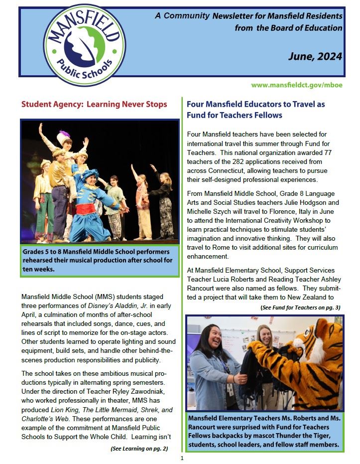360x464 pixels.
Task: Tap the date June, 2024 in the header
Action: [315, 56]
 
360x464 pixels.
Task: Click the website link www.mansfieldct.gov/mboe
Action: [297, 85]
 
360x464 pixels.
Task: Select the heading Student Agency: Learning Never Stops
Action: [94, 105]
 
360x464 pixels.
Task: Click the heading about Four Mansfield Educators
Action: [255, 110]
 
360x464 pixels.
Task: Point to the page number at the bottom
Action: [182, 458]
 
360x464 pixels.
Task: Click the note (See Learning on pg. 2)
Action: [139, 449]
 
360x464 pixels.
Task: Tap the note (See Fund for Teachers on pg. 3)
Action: [300, 308]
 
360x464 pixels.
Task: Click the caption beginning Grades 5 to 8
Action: [100, 260]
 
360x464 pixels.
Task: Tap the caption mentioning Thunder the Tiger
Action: [265, 436]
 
